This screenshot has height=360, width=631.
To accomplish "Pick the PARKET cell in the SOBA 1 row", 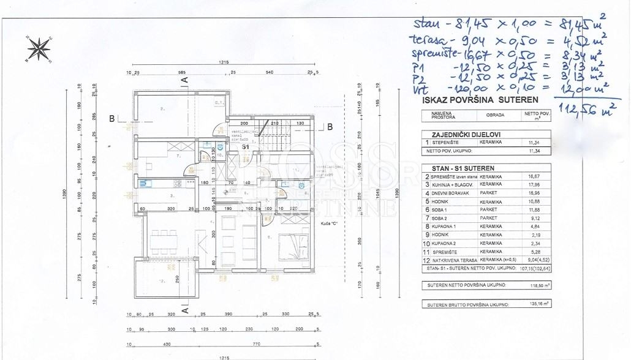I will (488, 209).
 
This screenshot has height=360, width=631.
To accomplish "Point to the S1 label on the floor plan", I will (244, 148).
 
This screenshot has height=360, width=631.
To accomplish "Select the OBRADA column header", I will (496, 115).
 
